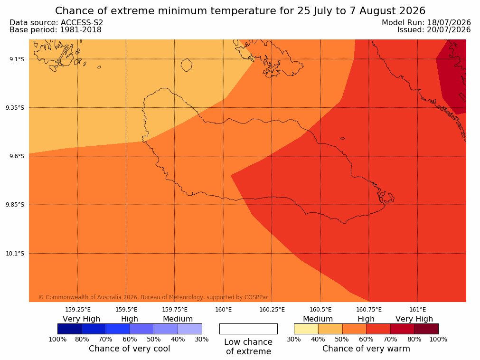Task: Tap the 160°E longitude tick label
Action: (x=223, y=310)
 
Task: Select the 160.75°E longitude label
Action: (x=369, y=310)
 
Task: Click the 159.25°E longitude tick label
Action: (x=78, y=310)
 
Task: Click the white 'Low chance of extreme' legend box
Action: (x=249, y=329)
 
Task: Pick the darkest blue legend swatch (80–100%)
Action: (x=70, y=329)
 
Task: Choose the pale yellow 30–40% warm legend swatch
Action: (x=306, y=329)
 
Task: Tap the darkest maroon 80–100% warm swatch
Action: (x=426, y=329)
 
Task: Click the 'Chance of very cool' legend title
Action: (x=130, y=349)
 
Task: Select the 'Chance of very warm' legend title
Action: (x=366, y=349)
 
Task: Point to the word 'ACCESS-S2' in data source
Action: (x=82, y=23)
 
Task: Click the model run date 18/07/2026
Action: (x=449, y=23)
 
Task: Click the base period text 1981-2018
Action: (x=81, y=30)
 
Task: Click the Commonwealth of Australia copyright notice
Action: (x=154, y=297)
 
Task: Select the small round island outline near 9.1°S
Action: (x=187, y=65)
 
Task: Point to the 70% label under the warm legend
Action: (x=390, y=339)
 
